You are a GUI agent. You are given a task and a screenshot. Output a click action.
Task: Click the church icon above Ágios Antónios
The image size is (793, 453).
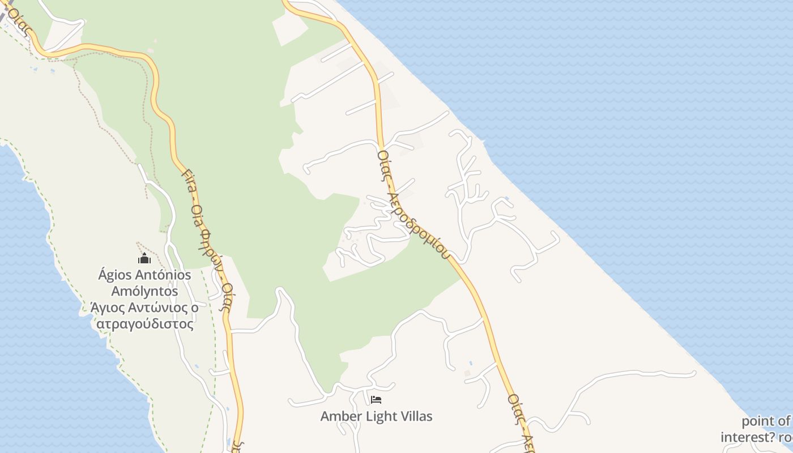pos(144,259)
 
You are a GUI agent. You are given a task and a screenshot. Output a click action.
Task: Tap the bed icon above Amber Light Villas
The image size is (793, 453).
pos(376,400)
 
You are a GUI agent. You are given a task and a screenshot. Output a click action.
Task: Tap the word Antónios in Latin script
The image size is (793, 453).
pos(165,276)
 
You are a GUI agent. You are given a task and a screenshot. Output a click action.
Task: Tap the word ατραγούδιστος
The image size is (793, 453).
pos(145,324)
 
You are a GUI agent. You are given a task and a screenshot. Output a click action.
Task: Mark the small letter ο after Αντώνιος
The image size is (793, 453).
pos(194,309)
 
